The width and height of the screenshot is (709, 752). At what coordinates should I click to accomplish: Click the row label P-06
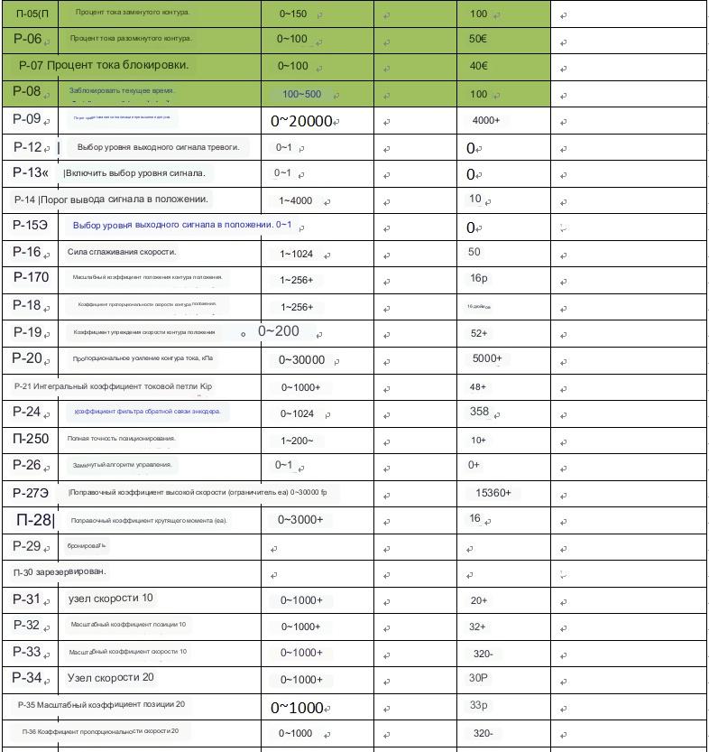(x=28, y=39)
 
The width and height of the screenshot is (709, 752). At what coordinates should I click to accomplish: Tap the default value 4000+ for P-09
(x=485, y=120)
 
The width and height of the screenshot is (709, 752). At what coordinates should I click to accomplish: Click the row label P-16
(x=27, y=252)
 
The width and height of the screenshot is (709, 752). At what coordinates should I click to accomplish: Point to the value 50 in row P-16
(x=474, y=252)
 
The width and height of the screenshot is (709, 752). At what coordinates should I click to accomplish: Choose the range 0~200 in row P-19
(x=278, y=331)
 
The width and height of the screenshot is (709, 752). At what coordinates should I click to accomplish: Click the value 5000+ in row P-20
(x=487, y=358)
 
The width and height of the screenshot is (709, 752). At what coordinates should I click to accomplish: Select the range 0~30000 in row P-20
(x=301, y=360)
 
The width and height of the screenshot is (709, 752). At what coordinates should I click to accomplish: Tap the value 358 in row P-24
(x=479, y=412)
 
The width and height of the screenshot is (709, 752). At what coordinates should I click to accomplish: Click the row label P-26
(x=27, y=465)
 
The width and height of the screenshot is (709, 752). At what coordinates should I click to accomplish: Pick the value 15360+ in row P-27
(x=493, y=493)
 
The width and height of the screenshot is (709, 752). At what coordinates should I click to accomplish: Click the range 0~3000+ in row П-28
(x=300, y=519)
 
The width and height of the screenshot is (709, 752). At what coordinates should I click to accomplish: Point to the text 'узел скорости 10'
(x=110, y=598)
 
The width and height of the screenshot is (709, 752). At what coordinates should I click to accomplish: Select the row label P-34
(x=27, y=677)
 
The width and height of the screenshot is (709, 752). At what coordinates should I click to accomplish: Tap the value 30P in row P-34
(x=478, y=678)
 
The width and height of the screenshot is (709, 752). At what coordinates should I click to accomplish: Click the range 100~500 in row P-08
(x=301, y=94)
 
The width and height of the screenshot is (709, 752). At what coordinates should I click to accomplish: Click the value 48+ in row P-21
(x=477, y=386)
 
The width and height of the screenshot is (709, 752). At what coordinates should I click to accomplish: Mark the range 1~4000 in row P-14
(x=296, y=200)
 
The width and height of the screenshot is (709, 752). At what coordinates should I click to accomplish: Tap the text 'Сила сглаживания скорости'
(x=122, y=252)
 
